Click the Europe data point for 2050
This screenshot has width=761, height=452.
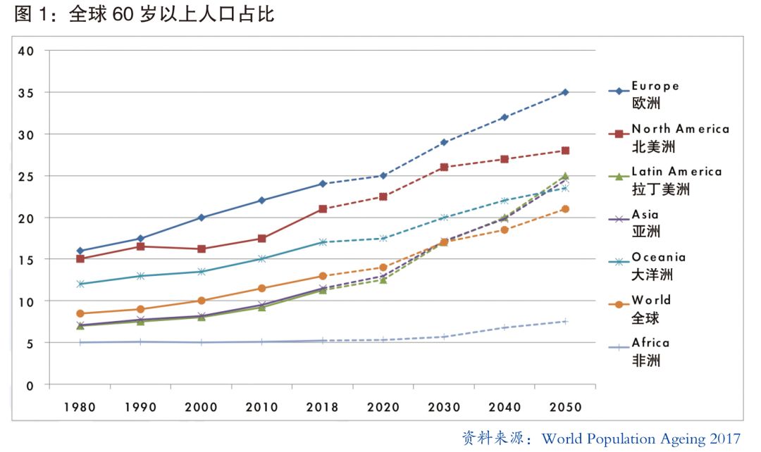pos(565,92)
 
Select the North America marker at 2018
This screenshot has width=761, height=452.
pos(323,209)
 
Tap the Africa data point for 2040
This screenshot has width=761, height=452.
pos(505,327)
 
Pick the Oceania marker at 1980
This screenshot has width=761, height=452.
pos(80,284)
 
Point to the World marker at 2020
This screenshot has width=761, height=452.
pos(383,268)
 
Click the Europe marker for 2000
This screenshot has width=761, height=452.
pos(202,218)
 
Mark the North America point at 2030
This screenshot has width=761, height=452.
pos(444,168)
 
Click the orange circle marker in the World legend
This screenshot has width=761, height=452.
pos(619,305)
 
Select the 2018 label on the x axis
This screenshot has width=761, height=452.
pos(323,407)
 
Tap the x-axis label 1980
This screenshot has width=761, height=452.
pos(80,407)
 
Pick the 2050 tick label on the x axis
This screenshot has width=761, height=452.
pos(565,407)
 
